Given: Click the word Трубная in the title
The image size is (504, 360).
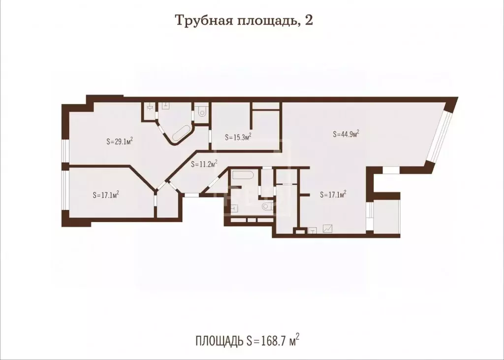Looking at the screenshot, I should click(197, 21).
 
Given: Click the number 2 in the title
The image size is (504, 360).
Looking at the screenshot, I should click(309, 21).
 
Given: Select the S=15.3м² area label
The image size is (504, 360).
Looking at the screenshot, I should click(238, 137).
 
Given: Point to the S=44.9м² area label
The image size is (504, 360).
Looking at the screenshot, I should click(346, 133).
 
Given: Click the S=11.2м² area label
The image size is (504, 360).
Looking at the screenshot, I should click(204, 164).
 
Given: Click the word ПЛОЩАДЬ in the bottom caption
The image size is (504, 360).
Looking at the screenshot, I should click(219, 340).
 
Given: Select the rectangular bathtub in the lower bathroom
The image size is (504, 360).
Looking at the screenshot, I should click(242, 175).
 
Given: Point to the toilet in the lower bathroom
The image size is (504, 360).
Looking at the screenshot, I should click(268, 206).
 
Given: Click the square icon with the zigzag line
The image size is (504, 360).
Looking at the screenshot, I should click(327, 229).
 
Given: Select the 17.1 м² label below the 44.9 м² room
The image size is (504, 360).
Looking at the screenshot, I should click(333, 195).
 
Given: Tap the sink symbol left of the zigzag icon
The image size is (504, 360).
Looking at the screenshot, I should click(312, 229).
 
